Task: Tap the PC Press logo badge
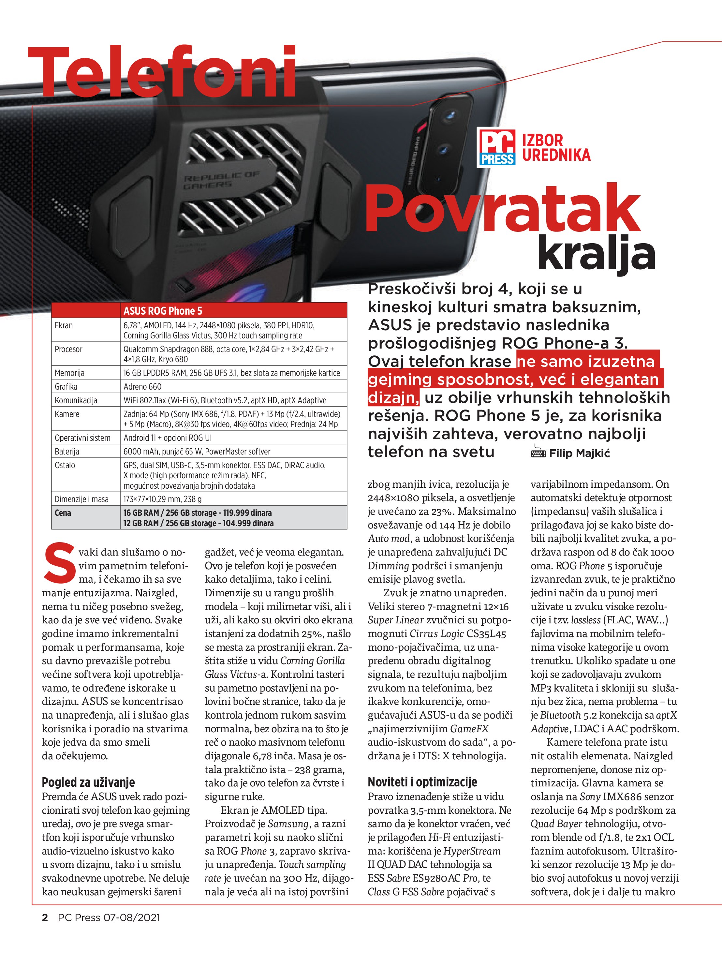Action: click(x=497, y=148)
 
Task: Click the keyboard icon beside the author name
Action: click(x=538, y=453)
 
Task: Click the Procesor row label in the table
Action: click(x=68, y=349)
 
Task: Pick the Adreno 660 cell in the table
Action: click(x=142, y=386)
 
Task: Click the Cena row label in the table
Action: click(x=63, y=513)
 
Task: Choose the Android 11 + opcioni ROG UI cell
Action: click(x=168, y=438)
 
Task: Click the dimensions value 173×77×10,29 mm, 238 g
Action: click(x=162, y=499)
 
